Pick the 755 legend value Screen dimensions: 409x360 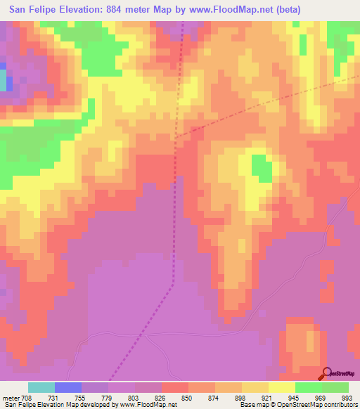(x=82, y=397)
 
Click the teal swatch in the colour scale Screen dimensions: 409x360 (x=41, y=387)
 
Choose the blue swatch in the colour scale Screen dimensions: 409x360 (x=68, y=387)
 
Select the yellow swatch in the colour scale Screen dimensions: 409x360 (x=281, y=387)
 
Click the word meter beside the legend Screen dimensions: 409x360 (x=11, y=397)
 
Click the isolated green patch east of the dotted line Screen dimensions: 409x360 (x=262, y=169)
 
